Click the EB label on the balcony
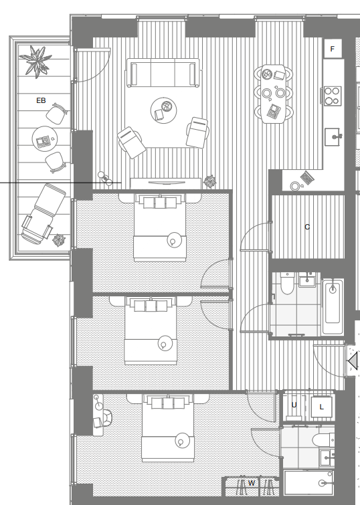click(x=41, y=100)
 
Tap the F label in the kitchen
click(x=333, y=49)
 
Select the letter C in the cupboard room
click(x=307, y=227)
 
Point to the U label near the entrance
click(x=294, y=405)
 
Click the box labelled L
click(x=322, y=407)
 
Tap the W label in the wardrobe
click(x=252, y=483)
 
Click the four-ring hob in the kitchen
click(x=333, y=96)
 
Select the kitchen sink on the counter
click(x=333, y=136)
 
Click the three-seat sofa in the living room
click(x=163, y=73)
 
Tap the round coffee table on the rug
click(x=164, y=110)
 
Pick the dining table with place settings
click(x=274, y=94)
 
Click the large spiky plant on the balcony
click(x=35, y=61)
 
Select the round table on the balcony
click(x=45, y=139)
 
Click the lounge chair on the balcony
click(x=43, y=213)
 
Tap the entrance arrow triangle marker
click(x=353, y=361)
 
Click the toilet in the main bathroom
click(x=287, y=284)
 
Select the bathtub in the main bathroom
click(x=333, y=306)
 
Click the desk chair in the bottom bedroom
click(x=107, y=417)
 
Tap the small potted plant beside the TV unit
click(x=210, y=181)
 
